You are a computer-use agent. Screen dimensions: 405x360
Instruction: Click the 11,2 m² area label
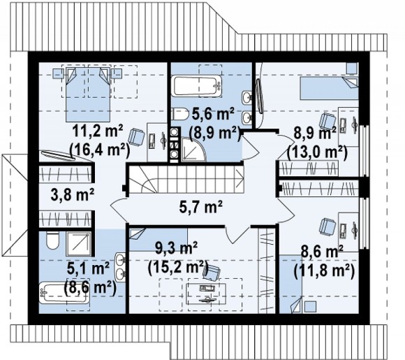coord(98,132)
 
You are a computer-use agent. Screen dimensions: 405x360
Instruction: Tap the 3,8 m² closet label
coord(73,195)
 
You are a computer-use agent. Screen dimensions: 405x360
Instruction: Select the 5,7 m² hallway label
coord(200,208)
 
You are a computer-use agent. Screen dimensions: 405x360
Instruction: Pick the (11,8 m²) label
coord(324,271)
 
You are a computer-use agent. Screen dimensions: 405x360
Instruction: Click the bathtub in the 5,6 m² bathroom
coord(198,86)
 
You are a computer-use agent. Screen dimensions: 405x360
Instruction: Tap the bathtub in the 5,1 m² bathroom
coord(64,292)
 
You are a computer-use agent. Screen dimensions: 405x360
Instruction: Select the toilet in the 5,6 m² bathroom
coord(180,114)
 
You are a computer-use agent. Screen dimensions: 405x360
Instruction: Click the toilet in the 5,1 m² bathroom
coord(53,240)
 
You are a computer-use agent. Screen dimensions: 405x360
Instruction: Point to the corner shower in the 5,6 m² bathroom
coord(193,150)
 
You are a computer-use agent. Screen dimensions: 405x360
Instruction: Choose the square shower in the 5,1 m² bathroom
coord(78,244)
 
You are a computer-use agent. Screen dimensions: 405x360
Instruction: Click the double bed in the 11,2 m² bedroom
coord(87,94)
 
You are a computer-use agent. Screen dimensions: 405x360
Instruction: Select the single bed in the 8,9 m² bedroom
coord(329,88)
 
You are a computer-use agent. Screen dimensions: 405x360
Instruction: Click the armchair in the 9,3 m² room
coord(212,273)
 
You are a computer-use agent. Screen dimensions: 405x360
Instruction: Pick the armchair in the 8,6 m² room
coord(327,226)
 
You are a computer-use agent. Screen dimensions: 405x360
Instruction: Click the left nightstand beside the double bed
coord(57,73)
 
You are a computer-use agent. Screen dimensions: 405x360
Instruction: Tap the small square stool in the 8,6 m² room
coord(310,307)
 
